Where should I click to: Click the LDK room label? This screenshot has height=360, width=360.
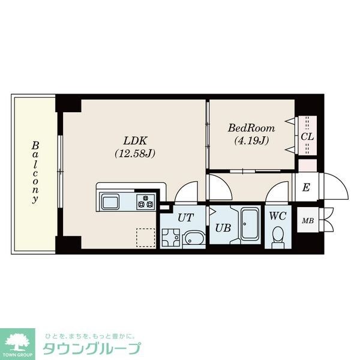134,140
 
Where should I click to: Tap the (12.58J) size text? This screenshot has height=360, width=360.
135,153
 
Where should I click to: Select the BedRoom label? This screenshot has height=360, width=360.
251,128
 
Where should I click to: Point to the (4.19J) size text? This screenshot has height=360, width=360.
251,141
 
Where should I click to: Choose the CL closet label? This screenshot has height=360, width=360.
307,136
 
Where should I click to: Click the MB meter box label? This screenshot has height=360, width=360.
307,221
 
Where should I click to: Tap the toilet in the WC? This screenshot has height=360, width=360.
278,236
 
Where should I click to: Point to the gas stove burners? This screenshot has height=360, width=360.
146,201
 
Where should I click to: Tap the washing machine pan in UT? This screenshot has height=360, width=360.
171,239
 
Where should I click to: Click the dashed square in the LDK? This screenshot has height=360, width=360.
145,238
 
